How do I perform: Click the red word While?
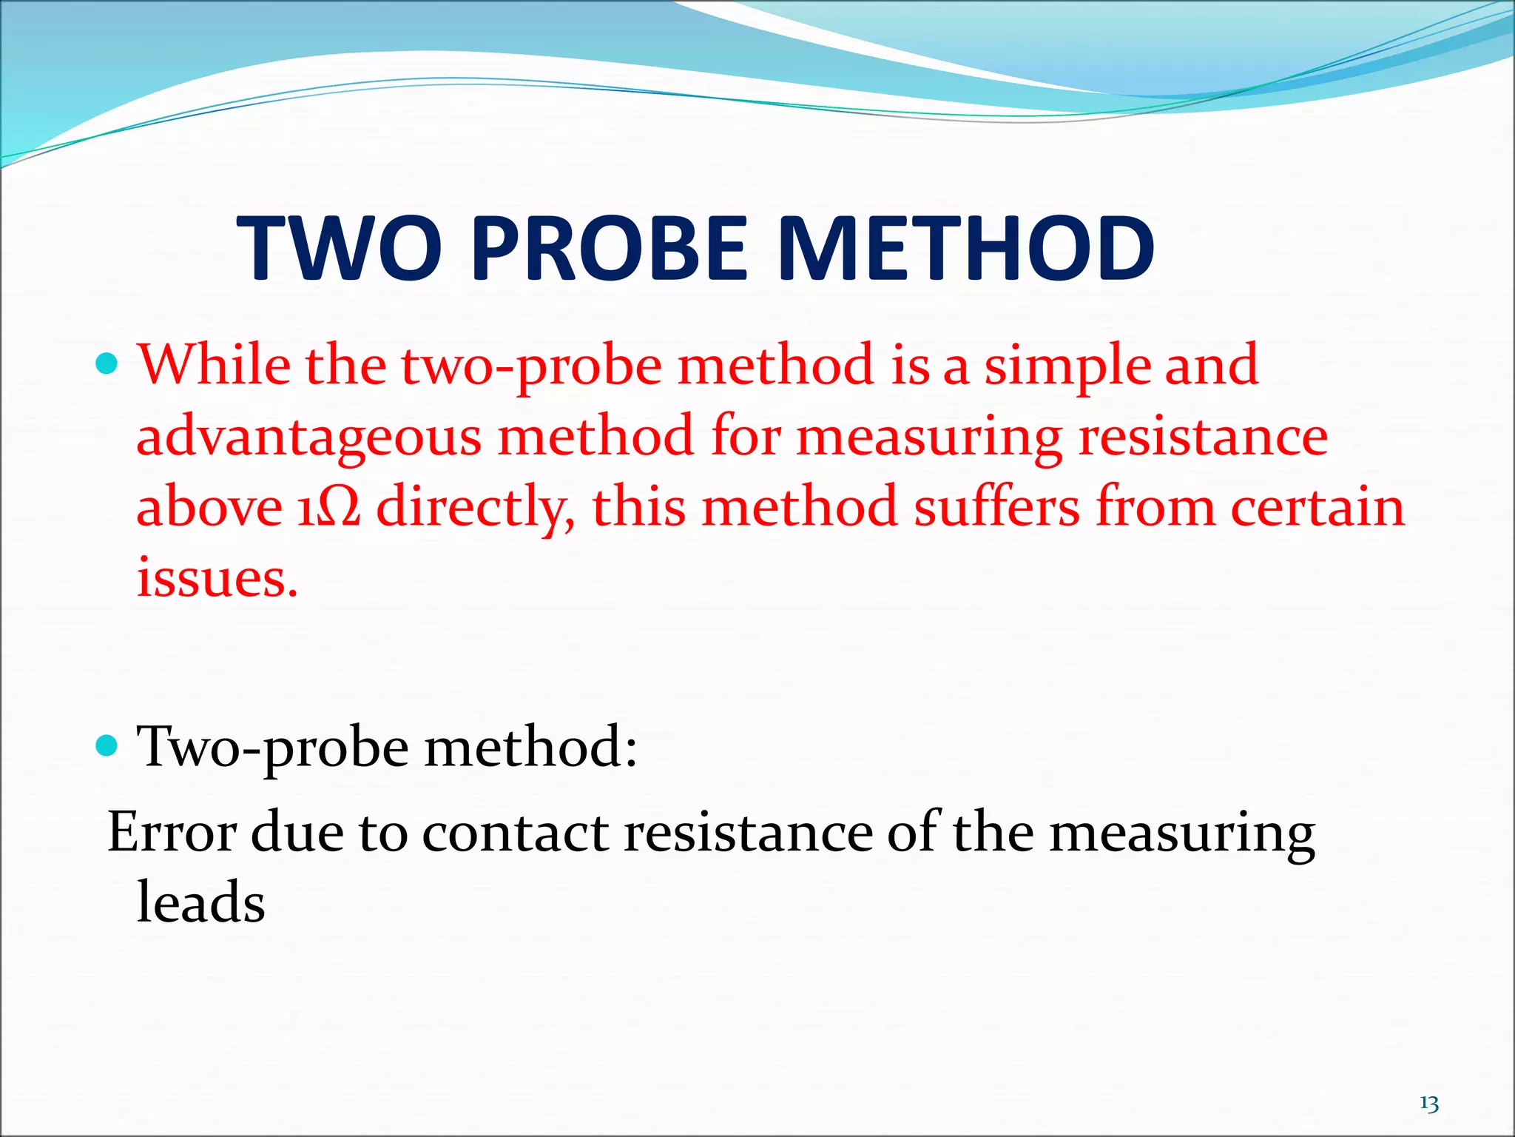click(x=214, y=365)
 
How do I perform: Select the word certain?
click(x=1317, y=508)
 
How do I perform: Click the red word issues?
click(x=217, y=578)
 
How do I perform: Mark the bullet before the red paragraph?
click(x=107, y=364)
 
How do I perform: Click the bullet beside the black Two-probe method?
click(x=107, y=745)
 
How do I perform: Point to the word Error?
click(x=172, y=833)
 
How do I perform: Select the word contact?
click(x=515, y=833)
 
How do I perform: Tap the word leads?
click(x=200, y=903)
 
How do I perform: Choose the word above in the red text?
click(x=209, y=508)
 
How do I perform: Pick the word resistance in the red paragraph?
click(x=1203, y=437)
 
